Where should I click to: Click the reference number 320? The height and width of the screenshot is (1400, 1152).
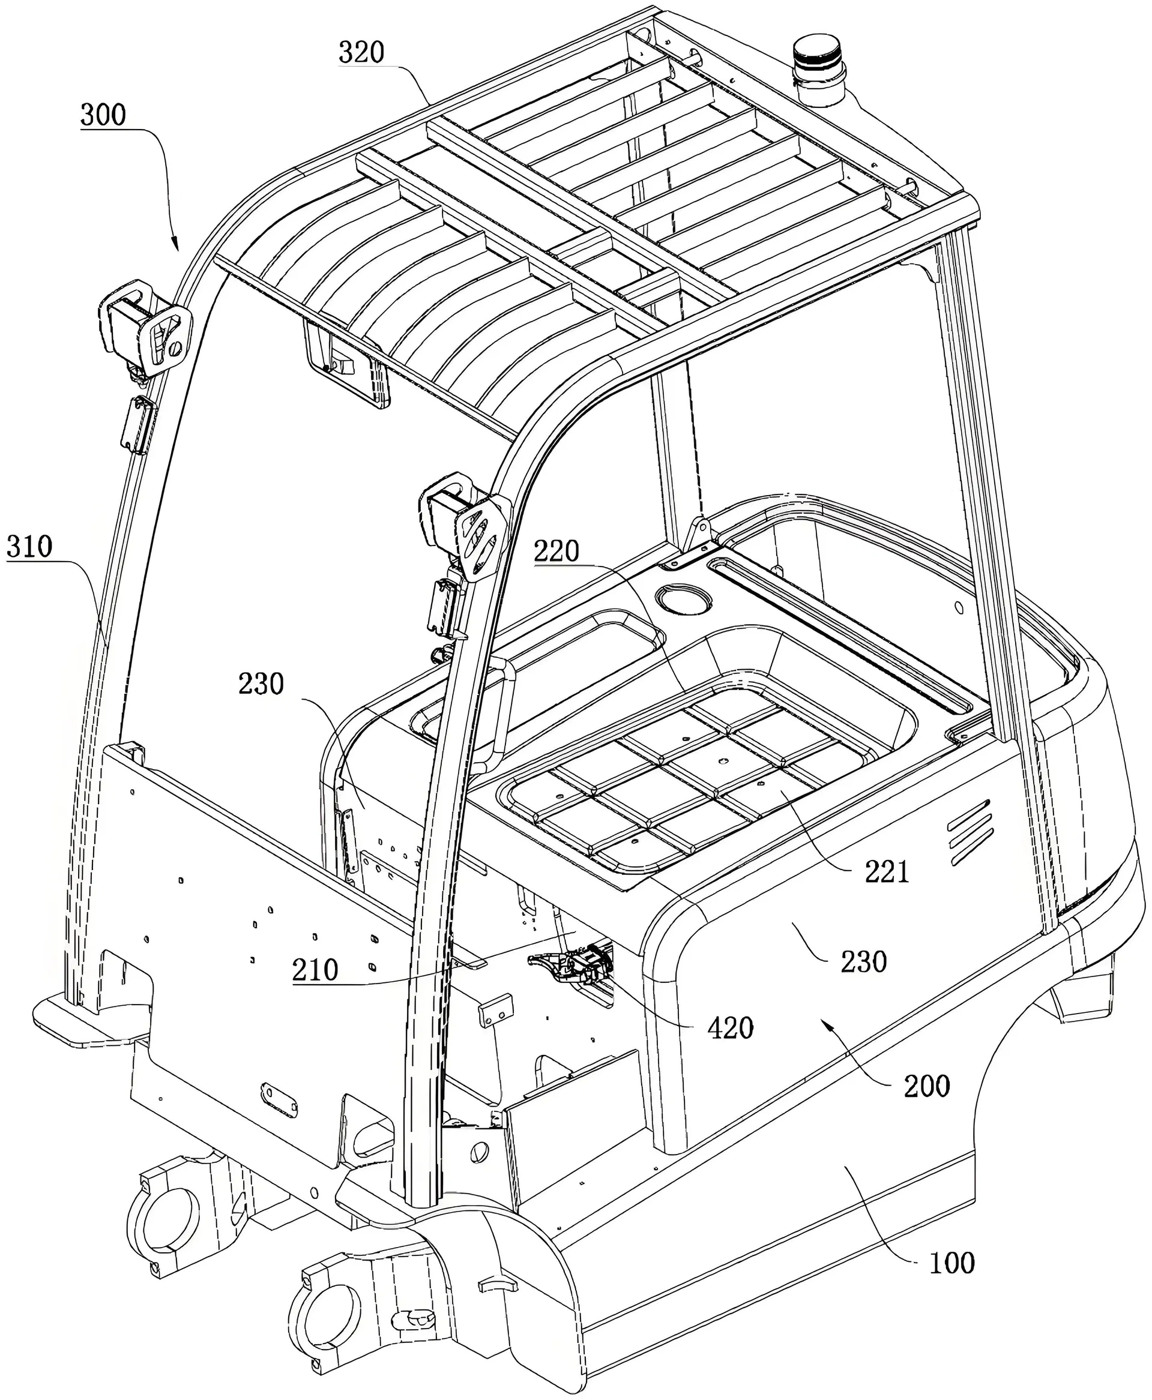361,52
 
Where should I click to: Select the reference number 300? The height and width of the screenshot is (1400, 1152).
103,115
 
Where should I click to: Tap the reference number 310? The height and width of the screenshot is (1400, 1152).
29,547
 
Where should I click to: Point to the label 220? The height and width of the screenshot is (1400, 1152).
556,551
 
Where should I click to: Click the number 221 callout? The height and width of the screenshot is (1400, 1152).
886,871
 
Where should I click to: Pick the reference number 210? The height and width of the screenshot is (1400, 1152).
315,970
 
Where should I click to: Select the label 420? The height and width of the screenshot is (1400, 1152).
730,1028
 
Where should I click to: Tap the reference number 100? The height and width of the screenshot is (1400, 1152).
951,1263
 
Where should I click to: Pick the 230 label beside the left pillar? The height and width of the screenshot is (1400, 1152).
262,683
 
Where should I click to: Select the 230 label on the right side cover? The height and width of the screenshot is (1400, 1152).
863,961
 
